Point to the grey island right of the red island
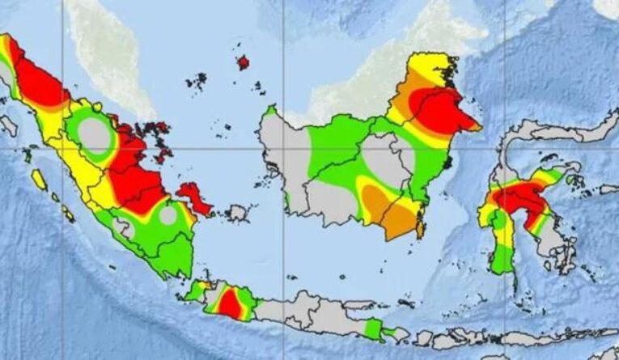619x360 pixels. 236,213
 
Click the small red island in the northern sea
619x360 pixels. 242,62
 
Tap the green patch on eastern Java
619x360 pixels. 372,328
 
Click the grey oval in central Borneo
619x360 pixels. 388,159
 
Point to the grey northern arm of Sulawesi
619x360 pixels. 558,133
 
